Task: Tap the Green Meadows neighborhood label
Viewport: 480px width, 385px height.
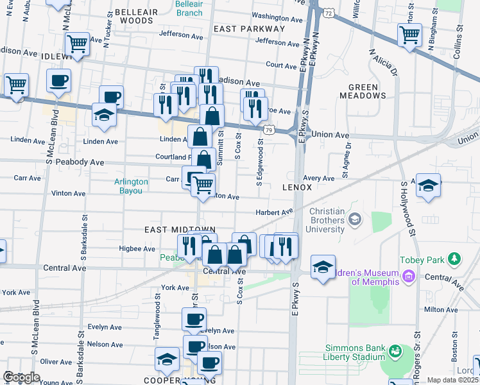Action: click(367, 91)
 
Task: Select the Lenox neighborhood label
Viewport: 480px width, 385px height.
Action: click(296, 187)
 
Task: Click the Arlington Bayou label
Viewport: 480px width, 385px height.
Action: click(131, 186)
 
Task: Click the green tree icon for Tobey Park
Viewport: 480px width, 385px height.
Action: click(454, 259)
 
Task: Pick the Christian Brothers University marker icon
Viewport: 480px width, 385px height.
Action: click(354, 221)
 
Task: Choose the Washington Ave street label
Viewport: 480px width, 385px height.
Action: click(277, 17)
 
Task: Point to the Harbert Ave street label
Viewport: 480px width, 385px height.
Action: click(273, 212)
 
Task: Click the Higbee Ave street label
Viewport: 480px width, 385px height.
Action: click(137, 248)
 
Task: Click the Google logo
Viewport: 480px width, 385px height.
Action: click(21, 377)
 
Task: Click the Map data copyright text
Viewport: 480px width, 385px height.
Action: click(452, 380)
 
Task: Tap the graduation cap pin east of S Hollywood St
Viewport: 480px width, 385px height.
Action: click(428, 185)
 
